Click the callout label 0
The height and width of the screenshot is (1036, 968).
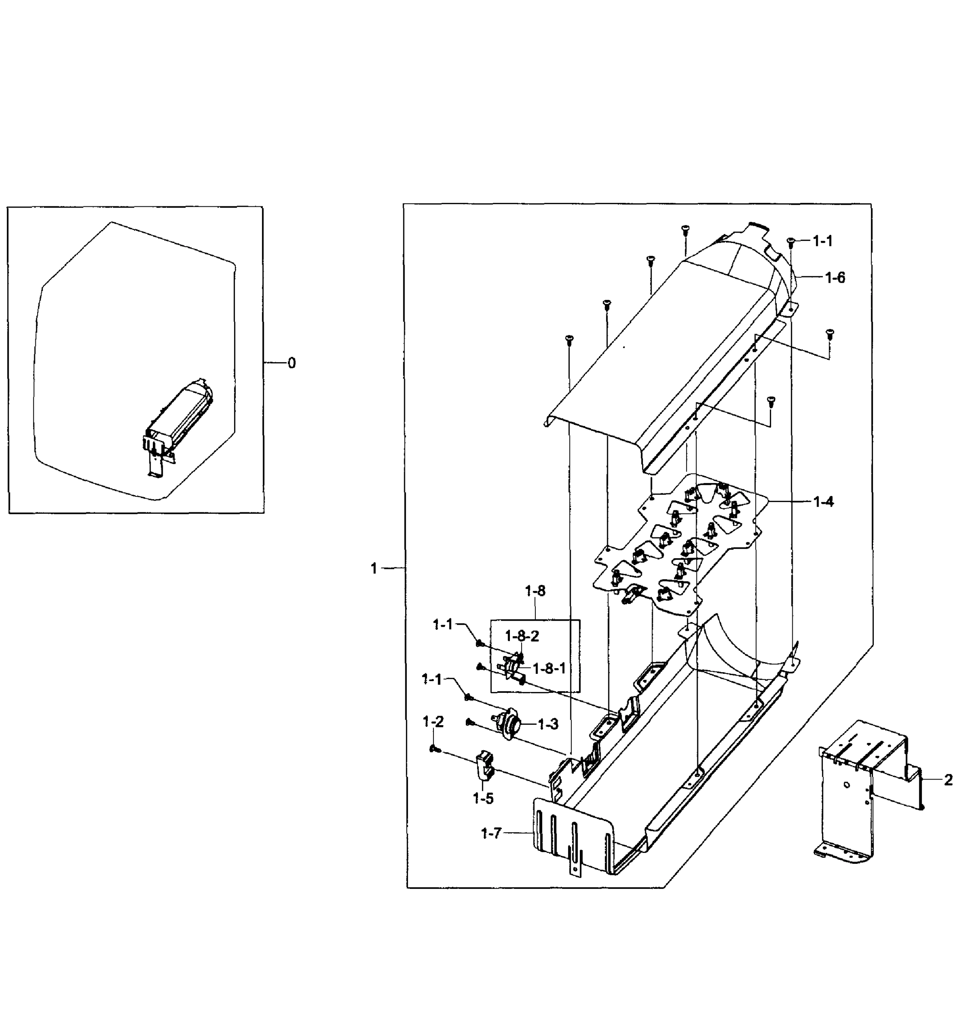click(x=291, y=363)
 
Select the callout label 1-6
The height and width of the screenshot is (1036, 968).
click(x=835, y=278)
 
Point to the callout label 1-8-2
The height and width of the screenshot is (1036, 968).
click(x=522, y=636)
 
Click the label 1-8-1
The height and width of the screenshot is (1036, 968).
click(x=549, y=668)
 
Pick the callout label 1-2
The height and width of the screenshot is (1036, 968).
click(x=433, y=722)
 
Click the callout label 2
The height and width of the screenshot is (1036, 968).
click(x=948, y=780)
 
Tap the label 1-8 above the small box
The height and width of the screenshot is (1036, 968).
click(x=535, y=591)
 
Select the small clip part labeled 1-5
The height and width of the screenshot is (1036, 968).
click(x=484, y=765)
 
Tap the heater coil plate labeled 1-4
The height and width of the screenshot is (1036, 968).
click(x=678, y=542)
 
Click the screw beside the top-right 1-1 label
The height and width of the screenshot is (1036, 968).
click(x=790, y=241)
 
